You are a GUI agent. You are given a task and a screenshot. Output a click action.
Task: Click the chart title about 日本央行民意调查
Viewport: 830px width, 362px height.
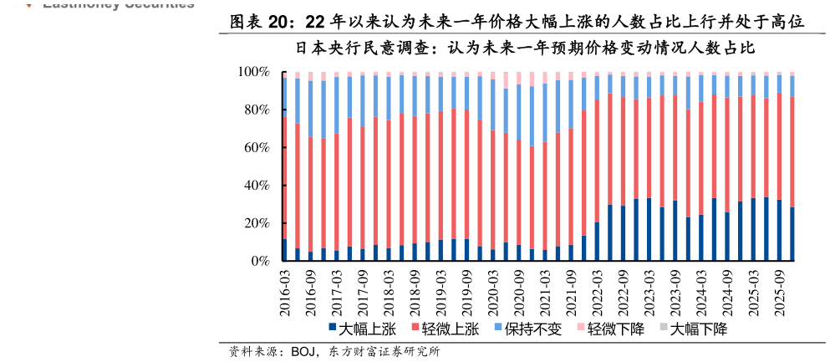[525, 48]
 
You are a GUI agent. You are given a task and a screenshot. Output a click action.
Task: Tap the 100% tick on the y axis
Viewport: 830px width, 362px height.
[252, 73]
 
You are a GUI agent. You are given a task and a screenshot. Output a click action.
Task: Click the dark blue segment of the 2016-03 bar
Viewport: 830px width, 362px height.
[285, 250]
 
